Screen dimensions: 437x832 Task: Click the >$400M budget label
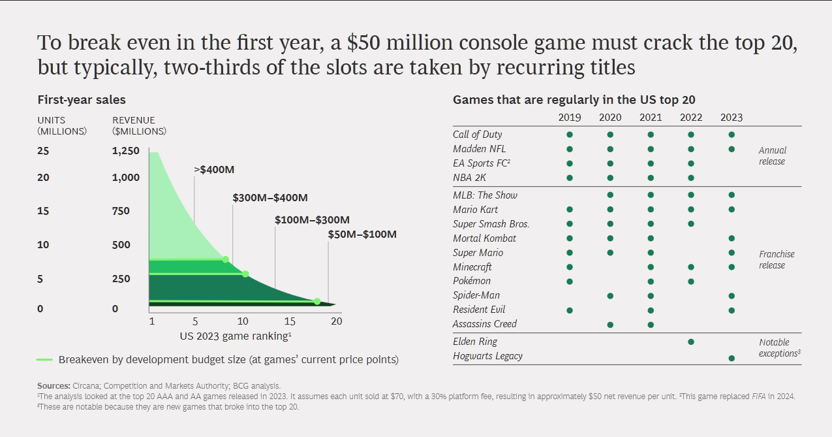tap(214, 170)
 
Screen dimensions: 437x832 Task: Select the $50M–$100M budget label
tap(362, 235)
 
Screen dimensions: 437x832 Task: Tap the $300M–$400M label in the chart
tap(270, 198)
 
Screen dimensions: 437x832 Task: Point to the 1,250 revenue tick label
tap(126, 151)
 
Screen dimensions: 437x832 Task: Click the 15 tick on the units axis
tap(43, 211)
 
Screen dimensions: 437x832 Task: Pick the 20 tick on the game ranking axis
tap(336, 321)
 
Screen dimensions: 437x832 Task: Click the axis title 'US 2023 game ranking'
tap(235, 336)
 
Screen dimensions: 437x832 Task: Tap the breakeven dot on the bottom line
tap(317, 301)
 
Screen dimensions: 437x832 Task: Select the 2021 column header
tap(651, 118)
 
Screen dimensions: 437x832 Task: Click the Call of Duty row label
tap(478, 135)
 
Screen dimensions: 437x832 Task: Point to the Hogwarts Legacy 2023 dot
tap(732, 358)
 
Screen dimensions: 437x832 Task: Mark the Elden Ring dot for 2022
tap(691, 342)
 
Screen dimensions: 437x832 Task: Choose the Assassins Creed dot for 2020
tap(610, 325)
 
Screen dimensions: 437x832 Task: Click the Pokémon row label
tap(472, 281)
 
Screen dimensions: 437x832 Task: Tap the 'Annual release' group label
tap(773, 155)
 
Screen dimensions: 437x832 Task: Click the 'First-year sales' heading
tap(82, 100)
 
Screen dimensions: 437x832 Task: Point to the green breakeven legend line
tap(44, 359)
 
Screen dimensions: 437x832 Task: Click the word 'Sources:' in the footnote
tap(54, 386)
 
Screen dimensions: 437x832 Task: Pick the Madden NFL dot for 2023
tap(732, 149)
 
